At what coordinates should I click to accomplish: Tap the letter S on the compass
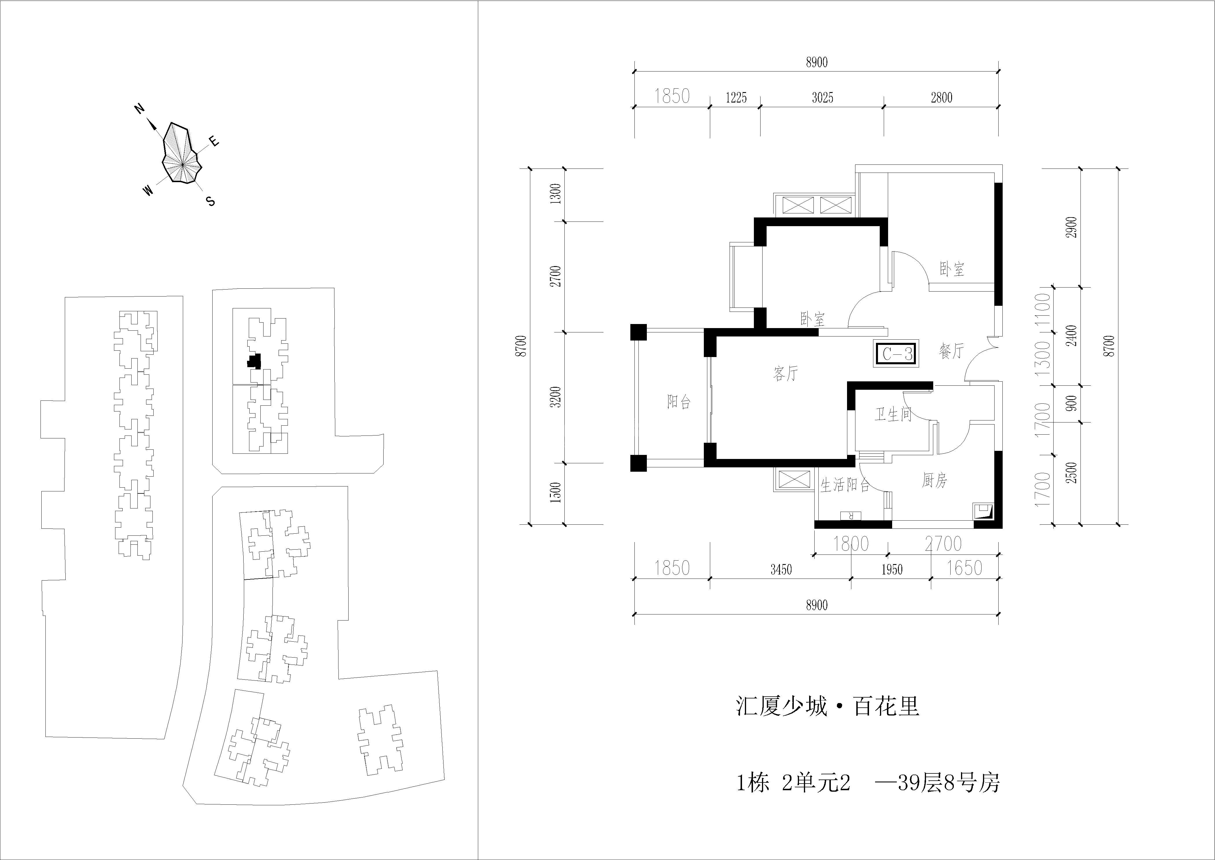211,201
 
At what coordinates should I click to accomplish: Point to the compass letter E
214,141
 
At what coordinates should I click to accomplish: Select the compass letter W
149,191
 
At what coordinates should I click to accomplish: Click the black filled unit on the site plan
255,362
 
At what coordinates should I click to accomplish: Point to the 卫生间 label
893,414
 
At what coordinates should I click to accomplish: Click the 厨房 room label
934,480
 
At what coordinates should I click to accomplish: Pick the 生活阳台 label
845,485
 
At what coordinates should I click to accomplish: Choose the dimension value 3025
822,98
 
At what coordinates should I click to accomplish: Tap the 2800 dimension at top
941,98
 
